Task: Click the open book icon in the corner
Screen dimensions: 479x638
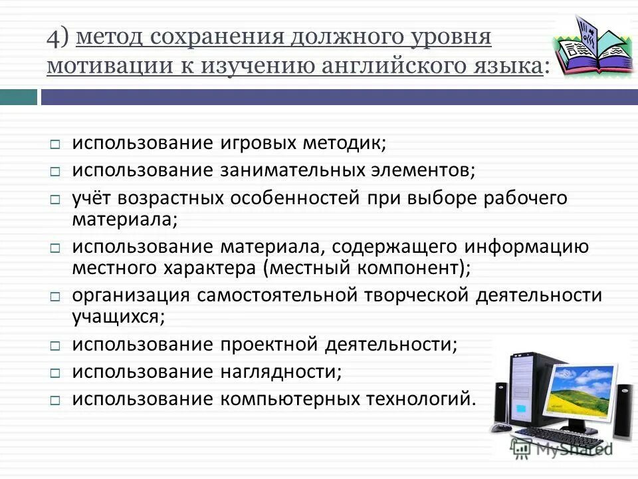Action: click(590, 47)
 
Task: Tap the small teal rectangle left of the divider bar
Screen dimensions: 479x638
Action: click(19, 97)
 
